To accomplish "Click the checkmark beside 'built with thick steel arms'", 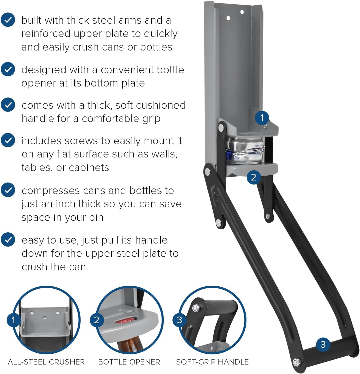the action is (x=8, y=20).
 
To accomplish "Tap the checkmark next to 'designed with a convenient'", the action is (x=8, y=69).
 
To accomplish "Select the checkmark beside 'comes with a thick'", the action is (x=8, y=105).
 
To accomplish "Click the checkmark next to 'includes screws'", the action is (x=8, y=140).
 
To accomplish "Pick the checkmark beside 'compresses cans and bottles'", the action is (x=8, y=190).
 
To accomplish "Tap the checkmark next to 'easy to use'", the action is (x=8, y=240).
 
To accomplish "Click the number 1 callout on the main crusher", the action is (x=262, y=118).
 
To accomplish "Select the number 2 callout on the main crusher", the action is (x=254, y=177).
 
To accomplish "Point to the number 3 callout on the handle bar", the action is (x=323, y=344).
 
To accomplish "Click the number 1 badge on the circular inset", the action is (x=14, y=320).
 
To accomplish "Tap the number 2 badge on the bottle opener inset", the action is (x=97, y=320).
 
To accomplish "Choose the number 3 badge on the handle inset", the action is (x=180, y=320).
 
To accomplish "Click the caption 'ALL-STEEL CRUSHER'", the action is (x=46, y=362).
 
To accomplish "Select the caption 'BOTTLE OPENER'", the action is (x=129, y=362).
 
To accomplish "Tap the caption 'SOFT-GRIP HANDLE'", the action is (x=212, y=362).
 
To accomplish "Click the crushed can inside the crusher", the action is (x=245, y=151).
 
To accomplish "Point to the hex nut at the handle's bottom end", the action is (x=296, y=362).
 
